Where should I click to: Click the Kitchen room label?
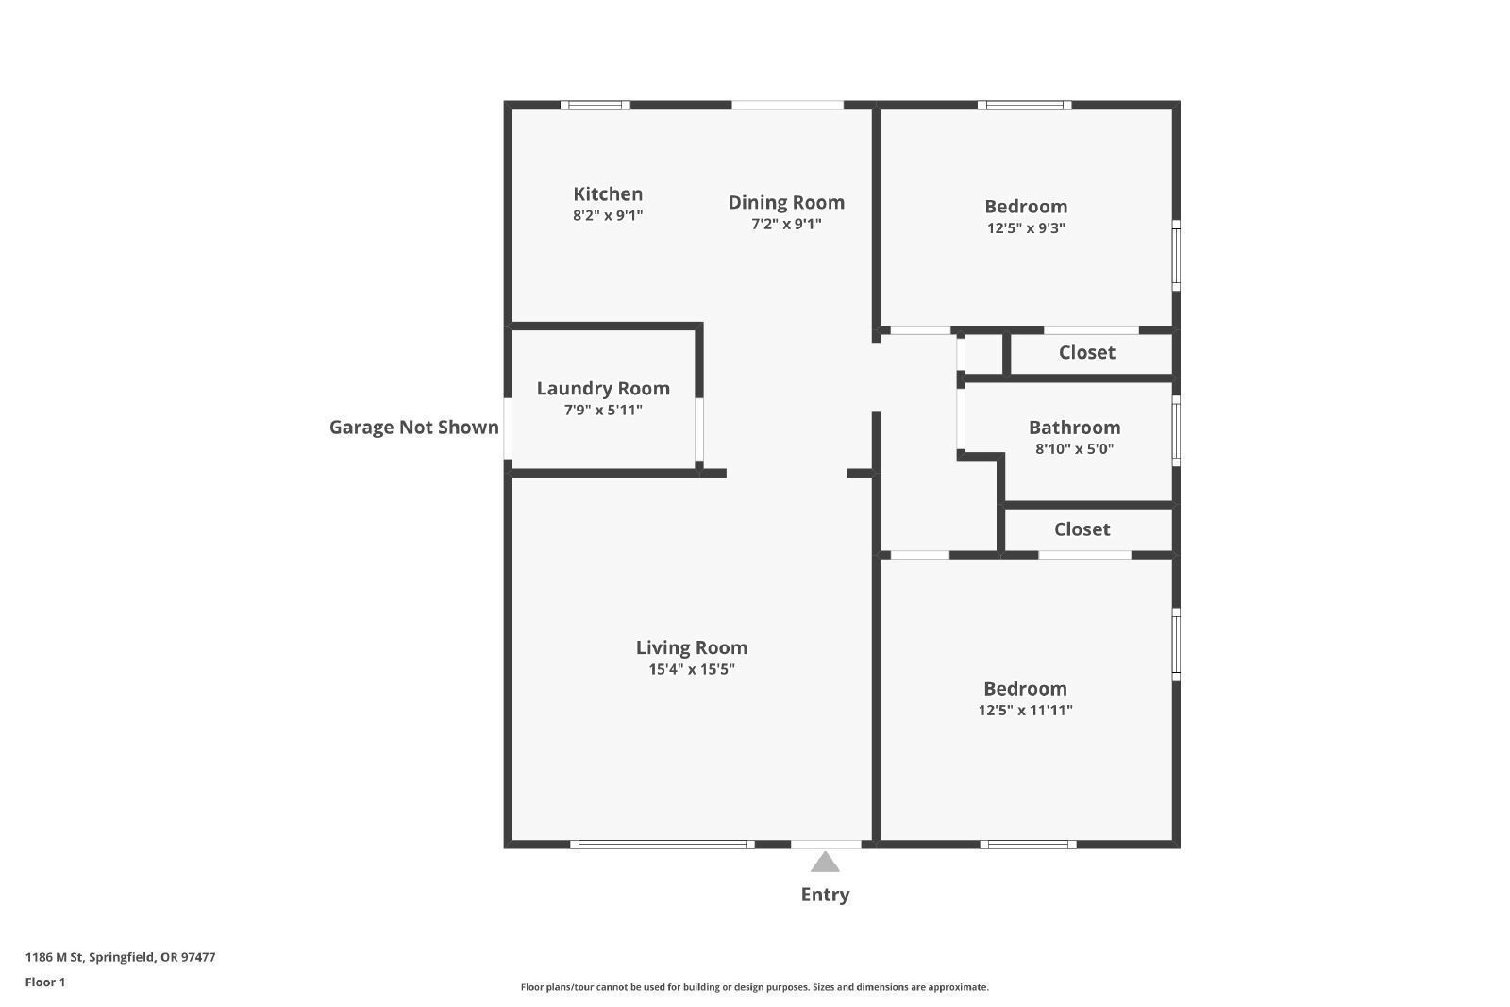tap(608, 194)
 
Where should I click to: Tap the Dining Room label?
tap(786, 202)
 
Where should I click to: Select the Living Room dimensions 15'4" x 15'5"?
tap(692, 669)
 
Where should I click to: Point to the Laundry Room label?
tap(603, 389)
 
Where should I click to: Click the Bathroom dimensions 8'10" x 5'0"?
tap(1075, 449)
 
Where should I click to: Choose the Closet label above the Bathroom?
tap(1086, 353)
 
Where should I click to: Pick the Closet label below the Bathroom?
tap(1082, 529)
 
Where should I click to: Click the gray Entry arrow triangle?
tap(825, 862)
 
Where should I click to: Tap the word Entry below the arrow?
tap(825, 895)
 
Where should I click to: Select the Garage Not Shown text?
tap(414, 428)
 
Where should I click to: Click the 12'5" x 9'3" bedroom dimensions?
tap(1026, 227)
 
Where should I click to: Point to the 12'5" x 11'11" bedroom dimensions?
tap(1025, 711)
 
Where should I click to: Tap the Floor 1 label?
tap(45, 982)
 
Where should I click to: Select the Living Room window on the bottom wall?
tap(662, 845)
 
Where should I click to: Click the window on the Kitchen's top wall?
tap(596, 105)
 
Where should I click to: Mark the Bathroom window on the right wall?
tap(1176, 430)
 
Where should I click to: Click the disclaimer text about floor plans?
tap(754, 987)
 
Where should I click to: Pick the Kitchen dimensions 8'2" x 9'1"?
tap(608, 216)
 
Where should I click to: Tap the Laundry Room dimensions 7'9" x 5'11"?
tap(603, 410)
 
